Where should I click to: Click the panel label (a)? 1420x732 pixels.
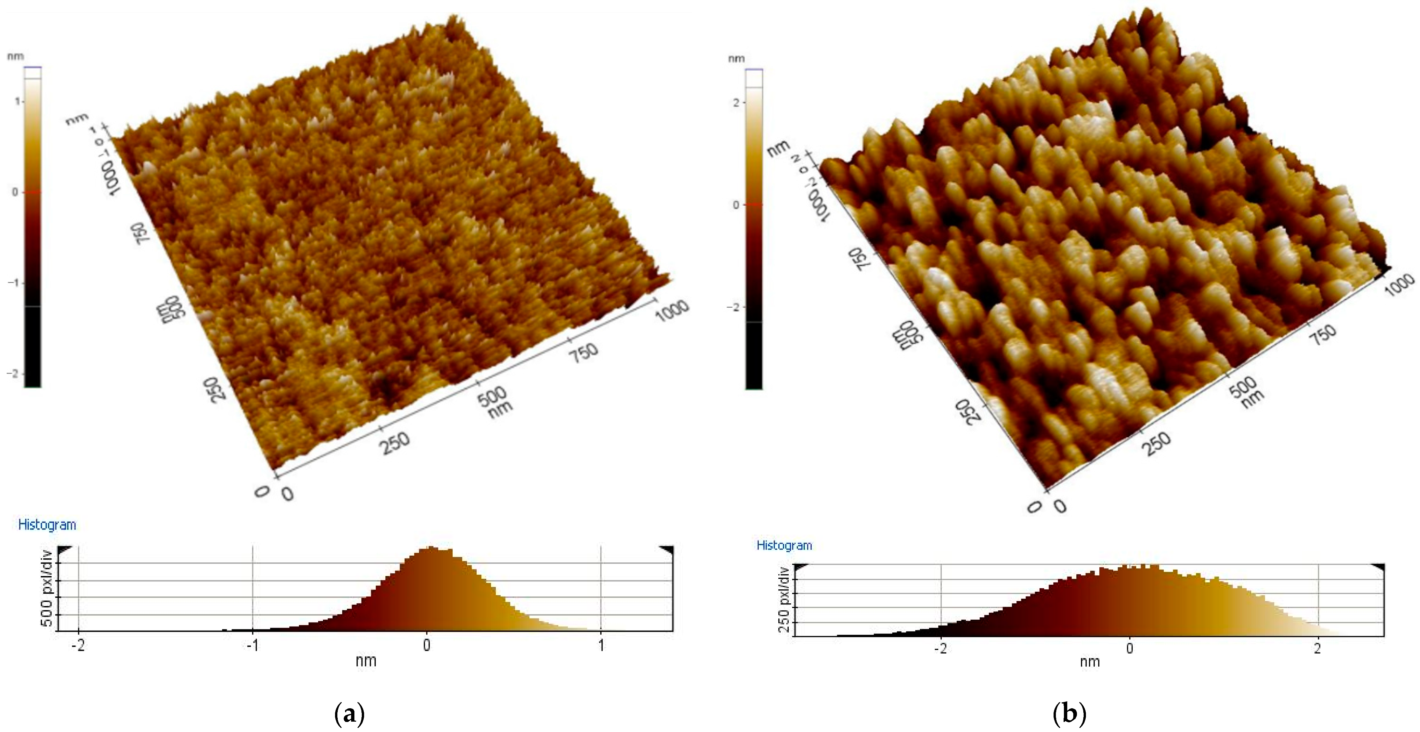coord(349,714)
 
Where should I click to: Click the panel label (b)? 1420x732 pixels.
coord(1069,714)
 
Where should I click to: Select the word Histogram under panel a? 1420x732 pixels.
coord(47,525)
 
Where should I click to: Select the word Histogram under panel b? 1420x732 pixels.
coord(784,546)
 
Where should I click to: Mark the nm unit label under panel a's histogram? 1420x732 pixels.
coord(366,661)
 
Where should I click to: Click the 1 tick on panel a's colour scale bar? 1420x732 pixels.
coord(17,102)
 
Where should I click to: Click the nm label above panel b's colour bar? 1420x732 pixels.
coord(737,58)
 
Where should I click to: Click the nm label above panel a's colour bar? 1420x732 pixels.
coord(15,56)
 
